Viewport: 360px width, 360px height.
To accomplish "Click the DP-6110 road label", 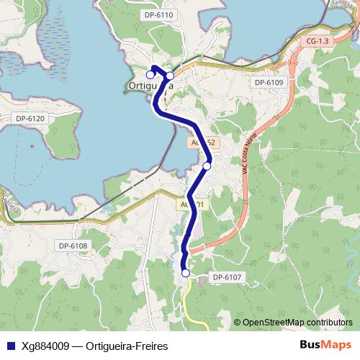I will coord(159,14).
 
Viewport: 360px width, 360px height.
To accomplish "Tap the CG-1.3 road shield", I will coord(317,41).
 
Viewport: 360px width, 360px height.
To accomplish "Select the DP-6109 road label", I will coord(269,83).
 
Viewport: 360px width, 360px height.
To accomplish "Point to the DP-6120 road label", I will coord(30,118).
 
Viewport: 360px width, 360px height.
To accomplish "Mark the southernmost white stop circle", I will coord(185,273).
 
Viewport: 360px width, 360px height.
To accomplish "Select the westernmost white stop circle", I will coord(150,74).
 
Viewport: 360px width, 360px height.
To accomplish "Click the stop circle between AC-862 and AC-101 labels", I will coord(207,166).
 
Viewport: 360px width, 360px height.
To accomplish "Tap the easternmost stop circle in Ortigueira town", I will coord(170,76).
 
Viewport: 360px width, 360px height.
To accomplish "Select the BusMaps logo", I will coord(325,345).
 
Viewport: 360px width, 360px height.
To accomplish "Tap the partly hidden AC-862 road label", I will coord(202,143).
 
